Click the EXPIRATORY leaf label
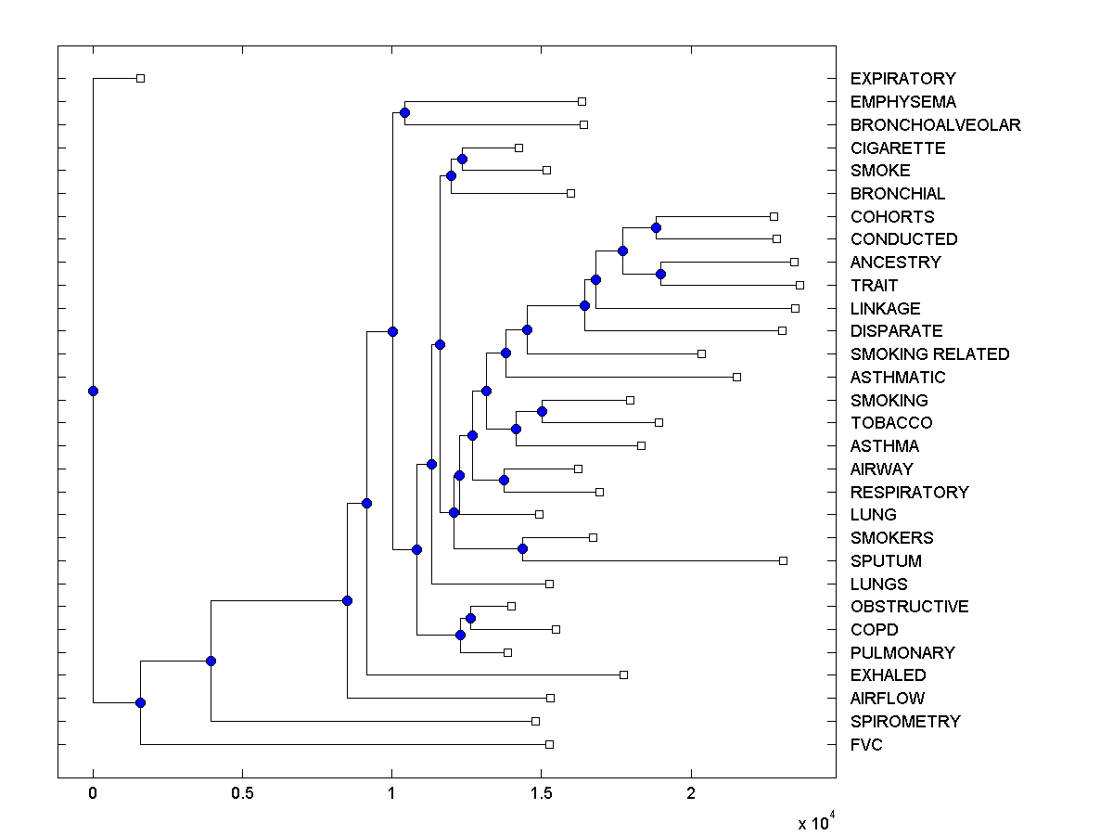click(x=902, y=79)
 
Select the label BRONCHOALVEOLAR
click(x=935, y=125)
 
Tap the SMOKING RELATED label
click(x=929, y=354)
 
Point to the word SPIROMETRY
click(x=905, y=722)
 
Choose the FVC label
click(x=866, y=745)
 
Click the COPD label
click(x=874, y=630)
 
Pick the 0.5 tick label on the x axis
click(x=242, y=794)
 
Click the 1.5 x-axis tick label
click(x=542, y=794)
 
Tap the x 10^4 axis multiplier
click(x=816, y=822)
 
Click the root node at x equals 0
click(x=93, y=391)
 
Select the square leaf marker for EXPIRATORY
click(x=140, y=78)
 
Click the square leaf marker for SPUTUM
click(x=783, y=560)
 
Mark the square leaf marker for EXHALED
click(x=623, y=674)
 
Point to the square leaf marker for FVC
click(x=549, y=744)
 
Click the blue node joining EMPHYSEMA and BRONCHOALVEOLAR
click(x=404, y=112)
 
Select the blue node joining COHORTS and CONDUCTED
click(x=656, y=227)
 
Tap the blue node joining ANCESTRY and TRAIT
click(x=660, y=274)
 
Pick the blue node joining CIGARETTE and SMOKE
click(x=462, y=159)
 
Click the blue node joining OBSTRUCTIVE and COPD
click(x=470, y=618)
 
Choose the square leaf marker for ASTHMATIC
click(x=736, y=377)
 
